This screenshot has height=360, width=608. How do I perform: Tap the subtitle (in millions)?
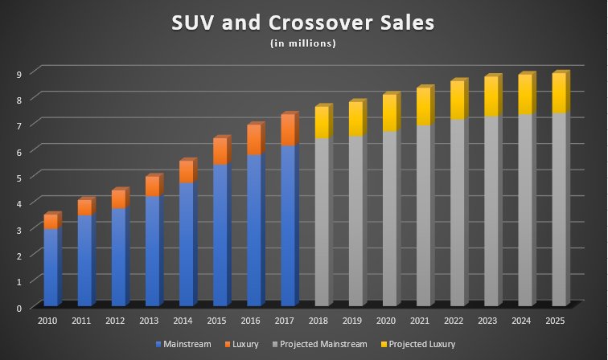pos(303,43)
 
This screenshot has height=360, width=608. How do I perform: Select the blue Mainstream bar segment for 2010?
pos(51,267)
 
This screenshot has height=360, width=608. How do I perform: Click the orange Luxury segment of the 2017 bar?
pos(287,130)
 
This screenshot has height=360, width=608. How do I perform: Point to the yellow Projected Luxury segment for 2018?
pos(322,122)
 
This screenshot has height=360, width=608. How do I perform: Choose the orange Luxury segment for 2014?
pos(186,172)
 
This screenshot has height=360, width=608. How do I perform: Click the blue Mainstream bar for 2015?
pos(220,235)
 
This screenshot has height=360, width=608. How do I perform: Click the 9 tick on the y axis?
pos(18,73)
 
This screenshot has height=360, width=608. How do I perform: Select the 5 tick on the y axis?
pos(18,177)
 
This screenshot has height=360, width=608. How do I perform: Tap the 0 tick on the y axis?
pos(18,308)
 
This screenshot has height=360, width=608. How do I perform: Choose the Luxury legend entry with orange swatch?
pos(244,344)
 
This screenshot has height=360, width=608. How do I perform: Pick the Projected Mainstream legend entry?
pos(322,344)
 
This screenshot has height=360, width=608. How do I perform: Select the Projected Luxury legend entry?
pos(418,344)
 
